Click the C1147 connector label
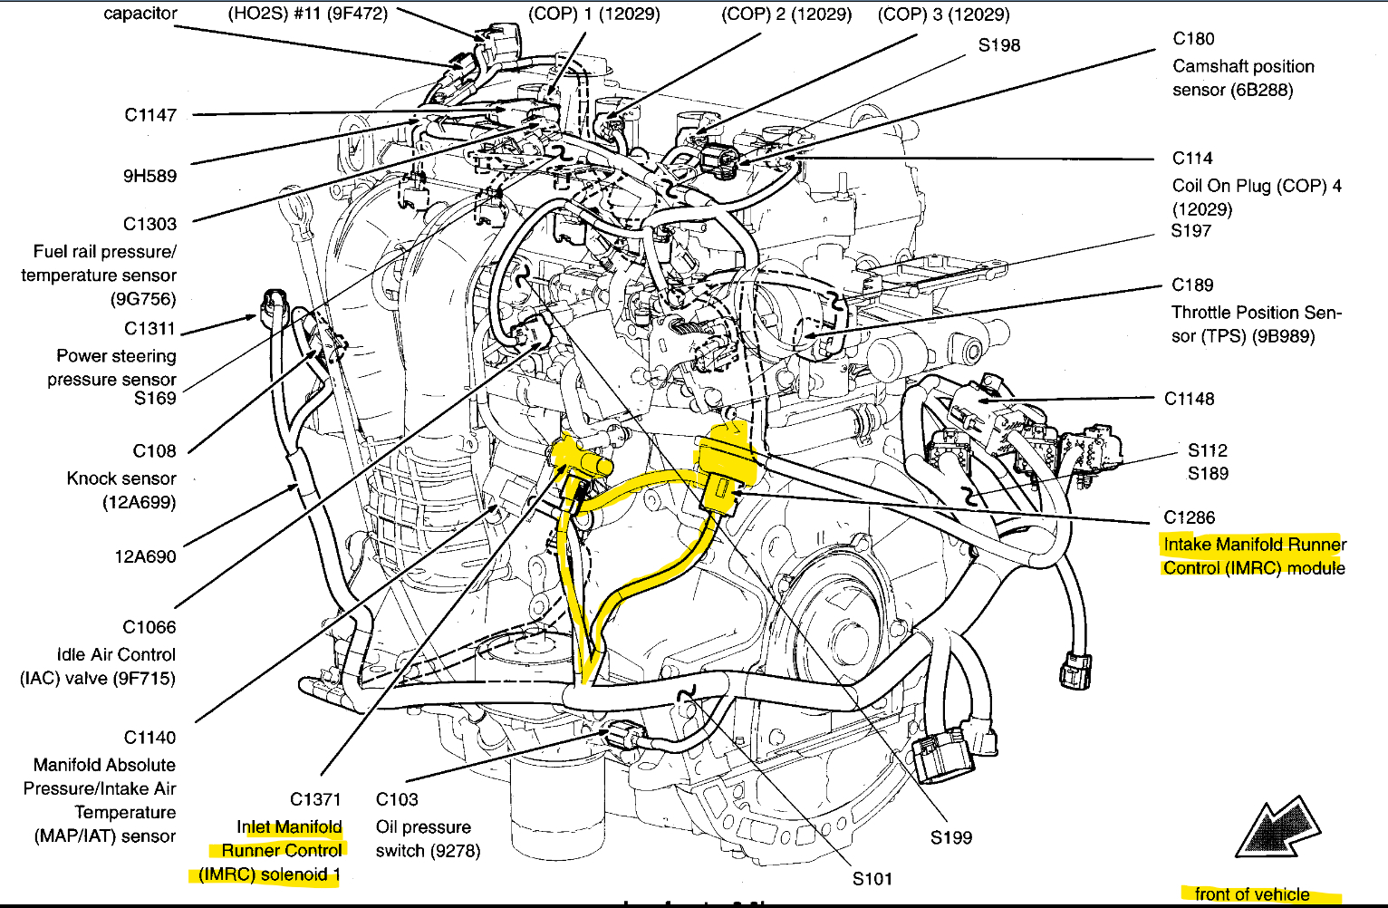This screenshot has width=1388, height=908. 150,115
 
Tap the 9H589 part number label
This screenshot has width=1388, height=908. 150,176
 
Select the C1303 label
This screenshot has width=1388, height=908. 150,224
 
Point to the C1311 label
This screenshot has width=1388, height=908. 150,329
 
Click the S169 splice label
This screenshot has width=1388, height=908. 155,398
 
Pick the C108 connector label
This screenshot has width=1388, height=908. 155,451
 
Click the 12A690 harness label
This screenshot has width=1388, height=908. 145,556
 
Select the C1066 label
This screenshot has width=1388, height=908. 149,627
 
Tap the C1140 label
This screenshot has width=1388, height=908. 149,738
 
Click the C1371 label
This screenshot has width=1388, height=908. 315,799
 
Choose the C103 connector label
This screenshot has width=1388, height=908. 397,799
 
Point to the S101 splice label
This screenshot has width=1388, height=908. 872,878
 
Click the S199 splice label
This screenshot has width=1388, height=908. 951,837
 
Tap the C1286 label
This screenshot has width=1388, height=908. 1190,517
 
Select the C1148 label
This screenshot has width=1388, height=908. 1190,399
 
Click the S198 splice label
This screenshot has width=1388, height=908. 999,45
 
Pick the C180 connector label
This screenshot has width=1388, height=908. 1194,39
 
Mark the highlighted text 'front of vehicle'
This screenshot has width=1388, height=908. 1252,894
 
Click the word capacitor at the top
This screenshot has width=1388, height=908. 140,14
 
